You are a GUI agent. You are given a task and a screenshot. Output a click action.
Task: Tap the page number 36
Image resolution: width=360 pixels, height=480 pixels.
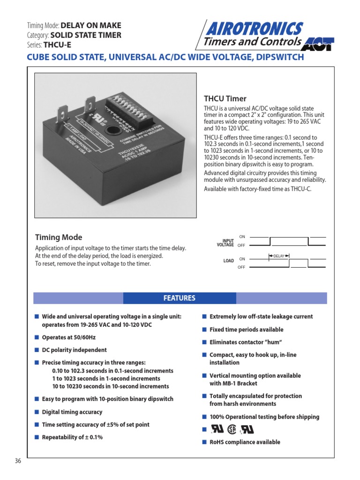pos(18,461)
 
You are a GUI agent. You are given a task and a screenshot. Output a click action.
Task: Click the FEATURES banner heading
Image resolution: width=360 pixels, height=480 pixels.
pos(179,298)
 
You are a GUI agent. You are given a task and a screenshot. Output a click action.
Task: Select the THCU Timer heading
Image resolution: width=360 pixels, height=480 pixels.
pos(225,98)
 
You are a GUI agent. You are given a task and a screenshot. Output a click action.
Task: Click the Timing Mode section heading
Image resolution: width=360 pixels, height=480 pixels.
pos(59,237)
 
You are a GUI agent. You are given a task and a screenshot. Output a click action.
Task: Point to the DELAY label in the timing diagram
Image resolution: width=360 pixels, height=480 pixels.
pos(279,255)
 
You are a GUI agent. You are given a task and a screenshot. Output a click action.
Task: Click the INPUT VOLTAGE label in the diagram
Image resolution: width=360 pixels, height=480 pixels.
pos(225,243)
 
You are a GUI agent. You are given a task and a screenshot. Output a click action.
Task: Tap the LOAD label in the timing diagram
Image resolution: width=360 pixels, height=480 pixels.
pos(228,261)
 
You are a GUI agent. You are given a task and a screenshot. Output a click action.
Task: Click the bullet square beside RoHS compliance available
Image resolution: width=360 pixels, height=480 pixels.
pos(204,442)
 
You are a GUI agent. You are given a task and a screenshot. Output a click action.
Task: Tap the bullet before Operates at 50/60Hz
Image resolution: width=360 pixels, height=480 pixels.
pos(37,337)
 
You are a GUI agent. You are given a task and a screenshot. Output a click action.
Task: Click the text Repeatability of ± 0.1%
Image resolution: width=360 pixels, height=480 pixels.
pos(72,437)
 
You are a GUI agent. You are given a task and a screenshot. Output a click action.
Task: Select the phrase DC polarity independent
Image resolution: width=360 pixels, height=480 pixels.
pos(74,350)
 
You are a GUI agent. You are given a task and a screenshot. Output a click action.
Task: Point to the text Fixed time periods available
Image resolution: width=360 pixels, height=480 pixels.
pos(246,330)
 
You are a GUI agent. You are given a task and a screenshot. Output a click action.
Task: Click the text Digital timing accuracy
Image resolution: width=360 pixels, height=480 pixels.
pos(72,412)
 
